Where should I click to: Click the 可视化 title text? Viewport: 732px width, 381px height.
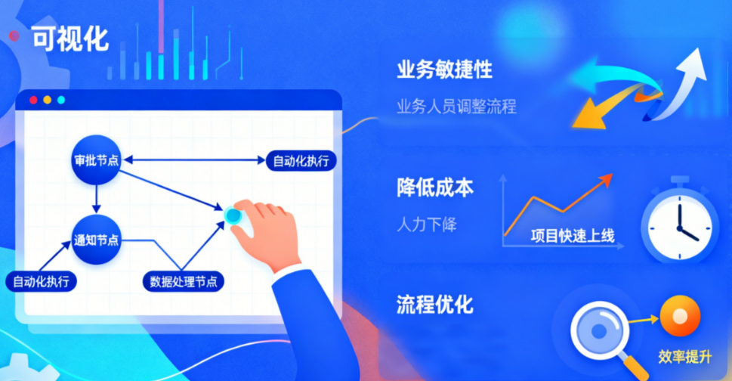tap(70, 38)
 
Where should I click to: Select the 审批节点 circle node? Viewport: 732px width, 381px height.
tap(96, 160)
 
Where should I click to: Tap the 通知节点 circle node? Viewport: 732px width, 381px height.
tap(96, 240)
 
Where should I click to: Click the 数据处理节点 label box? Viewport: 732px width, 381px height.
tap(184, 281)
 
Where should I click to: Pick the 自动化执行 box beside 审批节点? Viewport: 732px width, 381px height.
tap(300, 160)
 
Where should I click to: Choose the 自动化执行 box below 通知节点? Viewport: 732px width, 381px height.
tap(42, 281)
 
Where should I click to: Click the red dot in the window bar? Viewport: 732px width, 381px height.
tap(33, 100)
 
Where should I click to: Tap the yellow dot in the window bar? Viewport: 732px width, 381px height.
tap(47, 100)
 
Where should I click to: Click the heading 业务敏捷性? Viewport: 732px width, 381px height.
tap(444, 70)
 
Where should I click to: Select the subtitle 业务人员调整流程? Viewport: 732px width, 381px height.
tap(456, 106)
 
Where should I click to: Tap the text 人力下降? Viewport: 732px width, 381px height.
tap(427, 225)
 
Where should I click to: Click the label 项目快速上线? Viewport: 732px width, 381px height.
tap(572, 236)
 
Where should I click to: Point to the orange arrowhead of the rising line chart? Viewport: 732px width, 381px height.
tap(605, 178)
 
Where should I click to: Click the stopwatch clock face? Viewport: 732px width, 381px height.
tap(678, 225)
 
